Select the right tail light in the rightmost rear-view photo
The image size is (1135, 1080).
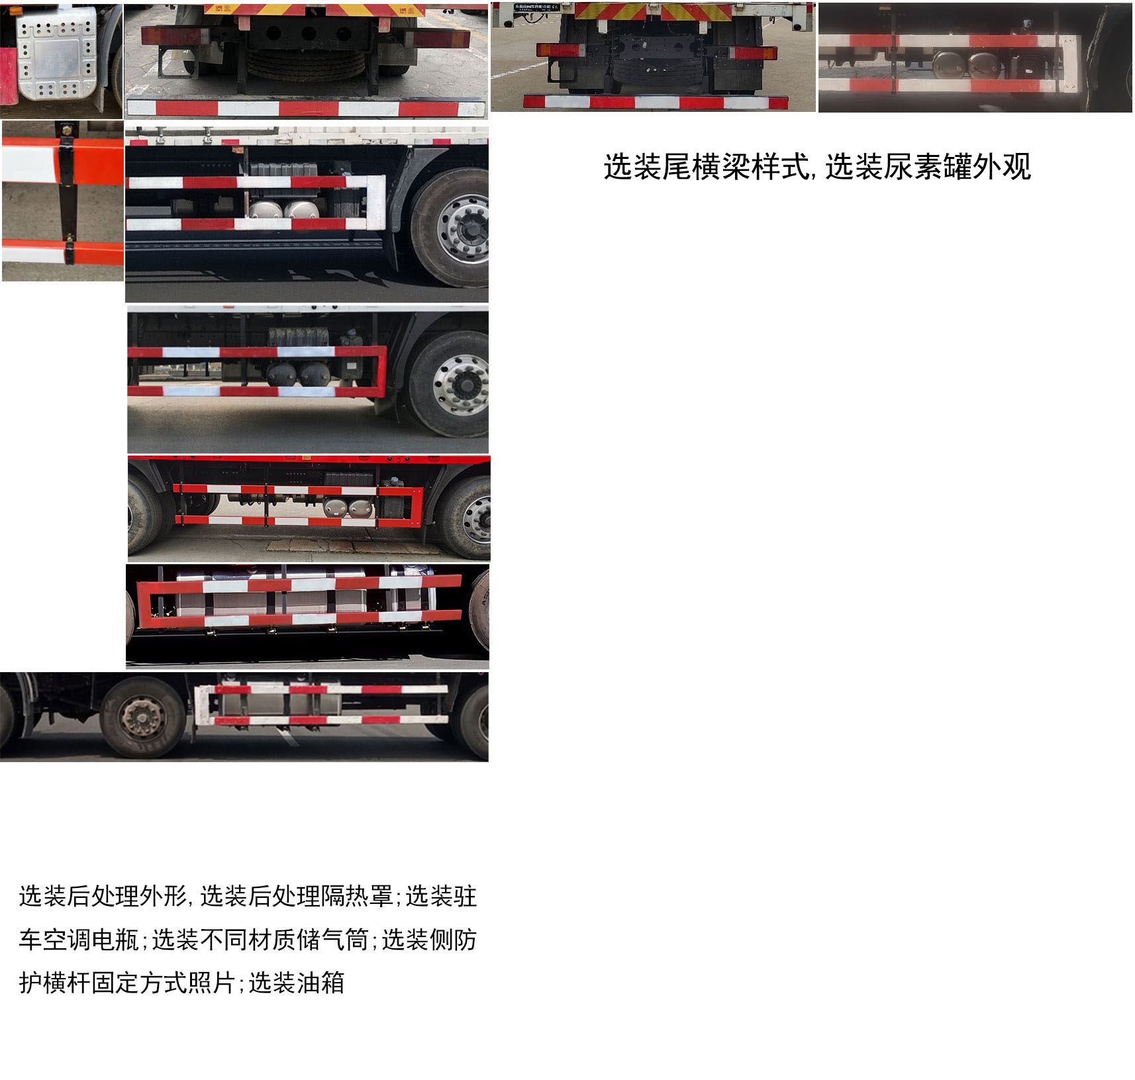[754, 53]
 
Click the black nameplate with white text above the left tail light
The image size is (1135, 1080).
[536, 7]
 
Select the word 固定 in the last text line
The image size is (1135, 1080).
[115, 983]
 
